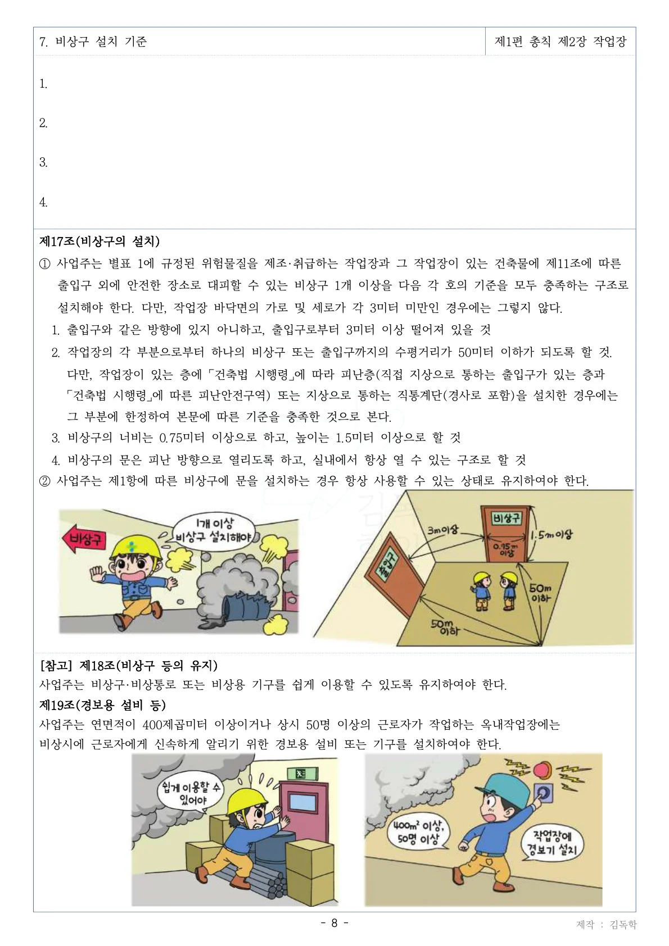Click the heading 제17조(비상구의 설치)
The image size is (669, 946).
tap(100, 242)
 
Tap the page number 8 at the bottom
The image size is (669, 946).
tap(334, 923)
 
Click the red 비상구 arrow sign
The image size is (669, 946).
tap(85, 540)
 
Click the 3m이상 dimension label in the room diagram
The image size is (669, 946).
tap(443, 529)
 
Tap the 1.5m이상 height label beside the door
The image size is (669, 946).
tap(553, 535)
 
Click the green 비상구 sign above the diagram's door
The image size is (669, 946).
tap(507, 517)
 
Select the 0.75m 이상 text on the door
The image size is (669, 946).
tap(507, 549)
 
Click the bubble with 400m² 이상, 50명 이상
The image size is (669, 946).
tap(418, 832)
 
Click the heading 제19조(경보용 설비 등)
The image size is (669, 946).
tap(102, 704)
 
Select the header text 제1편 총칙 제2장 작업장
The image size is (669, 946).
tap(560, 42)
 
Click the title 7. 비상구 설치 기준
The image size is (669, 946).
tap(93, 42)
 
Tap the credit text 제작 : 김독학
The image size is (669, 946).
tap(607, 925)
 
